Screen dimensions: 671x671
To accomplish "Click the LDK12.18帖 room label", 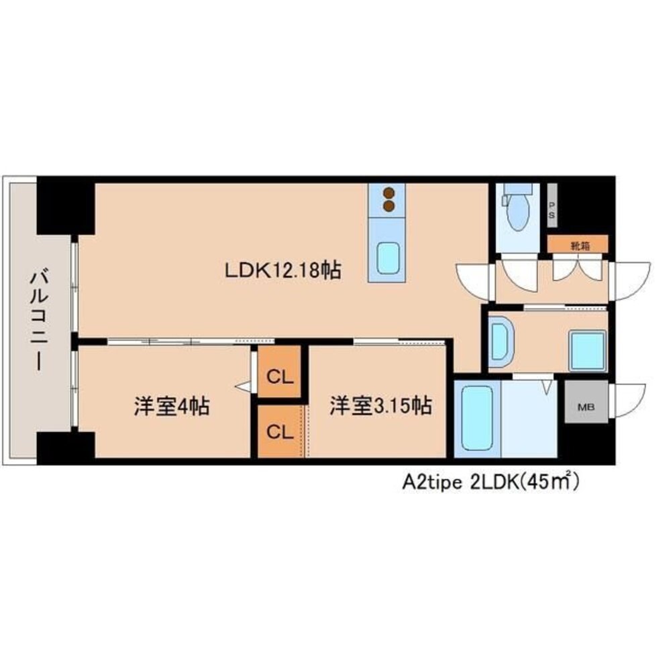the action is click(x=283, y=270).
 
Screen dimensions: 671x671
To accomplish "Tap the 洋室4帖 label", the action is click(x=172, y=406).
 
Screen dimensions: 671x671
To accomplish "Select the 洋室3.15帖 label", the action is click(x=380, y=406).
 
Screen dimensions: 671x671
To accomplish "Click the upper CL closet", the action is click(x=279, y=372).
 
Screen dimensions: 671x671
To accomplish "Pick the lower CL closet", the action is click(x=280, y=431).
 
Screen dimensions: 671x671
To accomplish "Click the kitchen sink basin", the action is click(x=388, y=258).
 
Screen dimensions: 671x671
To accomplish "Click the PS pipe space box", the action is click(x=552, y=205).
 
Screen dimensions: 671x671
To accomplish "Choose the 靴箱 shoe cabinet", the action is click(x=578, y=244).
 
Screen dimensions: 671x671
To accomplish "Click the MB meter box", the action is click(x=586, y=402).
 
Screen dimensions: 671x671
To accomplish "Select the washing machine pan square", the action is click(x=588, y=350).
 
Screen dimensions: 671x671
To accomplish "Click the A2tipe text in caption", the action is click(x=431, y=482).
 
